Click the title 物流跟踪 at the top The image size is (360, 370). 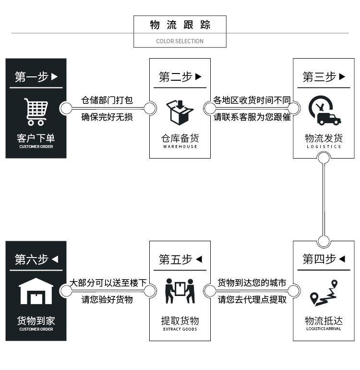coord(180,25)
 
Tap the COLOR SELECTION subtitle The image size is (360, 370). coord(180,41)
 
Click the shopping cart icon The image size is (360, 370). coord(36,111)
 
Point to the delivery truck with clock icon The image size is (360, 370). coord(324,111)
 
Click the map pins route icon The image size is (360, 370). coord(324,293)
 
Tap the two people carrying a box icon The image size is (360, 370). coord(180,291)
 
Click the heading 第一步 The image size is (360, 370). coord(32,77)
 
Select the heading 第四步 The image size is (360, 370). coord(319,259)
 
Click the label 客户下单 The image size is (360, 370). coord(36,138)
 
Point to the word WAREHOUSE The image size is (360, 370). coord(180,147)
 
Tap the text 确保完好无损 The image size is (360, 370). coord(107,117)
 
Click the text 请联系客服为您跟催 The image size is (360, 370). coord(252,117)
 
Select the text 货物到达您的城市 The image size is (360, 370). coord(252,283)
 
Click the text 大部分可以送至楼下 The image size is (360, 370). coord(108,283)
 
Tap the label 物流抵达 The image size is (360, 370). coord(324,321)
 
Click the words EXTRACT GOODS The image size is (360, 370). coord(180,329)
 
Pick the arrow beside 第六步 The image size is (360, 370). coord(55,259)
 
